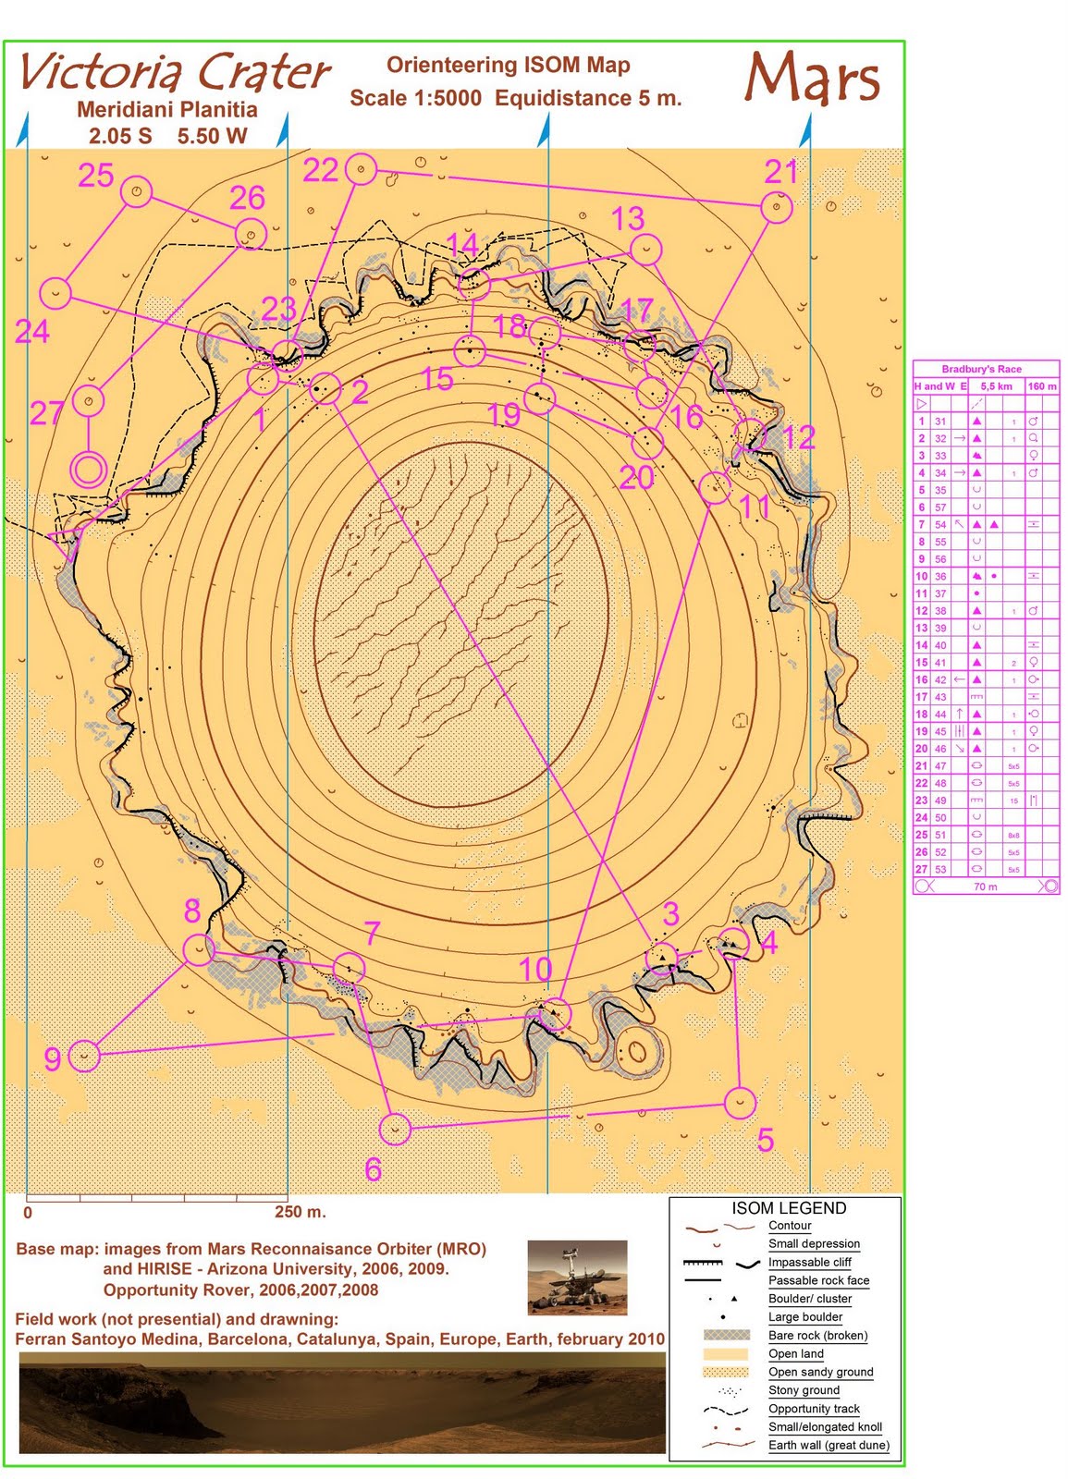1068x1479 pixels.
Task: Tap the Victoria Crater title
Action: pos(174,72)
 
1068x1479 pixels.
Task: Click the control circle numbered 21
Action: pos(777,207)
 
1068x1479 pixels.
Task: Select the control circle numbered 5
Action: pos(740,1102)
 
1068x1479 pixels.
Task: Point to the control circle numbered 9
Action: pos(84,1056)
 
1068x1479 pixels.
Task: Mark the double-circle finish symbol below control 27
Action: pos(89,469)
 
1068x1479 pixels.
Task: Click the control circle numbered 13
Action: pos(646,249)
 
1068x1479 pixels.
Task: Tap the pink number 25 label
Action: pos(96,176)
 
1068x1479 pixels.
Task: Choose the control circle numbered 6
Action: pos(395,1129)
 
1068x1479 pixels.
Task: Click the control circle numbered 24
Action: pos(57,294)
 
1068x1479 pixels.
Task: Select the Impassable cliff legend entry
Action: pos(809,1262)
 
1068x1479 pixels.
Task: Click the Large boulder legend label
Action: pos(804,1317)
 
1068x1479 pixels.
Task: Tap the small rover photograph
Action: pos(577,1277)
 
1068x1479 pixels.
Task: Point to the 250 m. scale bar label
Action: pos(301,1212)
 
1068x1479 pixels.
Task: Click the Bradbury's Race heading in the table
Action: pos(981,369)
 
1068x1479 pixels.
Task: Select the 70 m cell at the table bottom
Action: pos(985,886)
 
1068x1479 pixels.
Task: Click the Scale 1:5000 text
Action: pos(415,98)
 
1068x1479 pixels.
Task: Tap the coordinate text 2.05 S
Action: pos(120,136)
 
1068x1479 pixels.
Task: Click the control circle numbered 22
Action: pos(361,169)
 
